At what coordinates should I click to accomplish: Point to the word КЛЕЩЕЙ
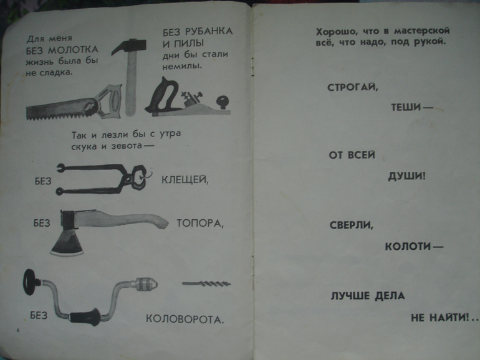pyautogui.click(x=185, y=180)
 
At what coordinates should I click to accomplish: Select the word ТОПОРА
pyautogui.click(x=200, y=223)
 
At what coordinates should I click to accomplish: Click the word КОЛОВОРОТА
pyautogui.click(x=185, y=319)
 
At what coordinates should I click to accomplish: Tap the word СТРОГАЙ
pyautogui.click(x=353, y=87)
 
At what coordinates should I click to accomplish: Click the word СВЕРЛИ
pyautogui.click(x=352, y=225)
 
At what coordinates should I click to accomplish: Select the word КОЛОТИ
pyautogui.click(x=408, y=246)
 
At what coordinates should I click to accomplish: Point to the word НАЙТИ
pyautogui.click(x=449, y=318)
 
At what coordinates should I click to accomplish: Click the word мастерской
pyautogui.click(x=422, y=31)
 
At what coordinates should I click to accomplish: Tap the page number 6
pyautogui.click(x=17, y=330)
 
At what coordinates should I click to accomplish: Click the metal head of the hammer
pyautogui.click(x=128, y=46)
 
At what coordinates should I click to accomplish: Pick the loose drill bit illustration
pyautogui.click(x=206, y=284)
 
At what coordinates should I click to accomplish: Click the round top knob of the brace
pyautogui.click(x=30, y=282)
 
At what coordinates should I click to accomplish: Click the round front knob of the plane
pyautogui.click(x=223, y=102)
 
